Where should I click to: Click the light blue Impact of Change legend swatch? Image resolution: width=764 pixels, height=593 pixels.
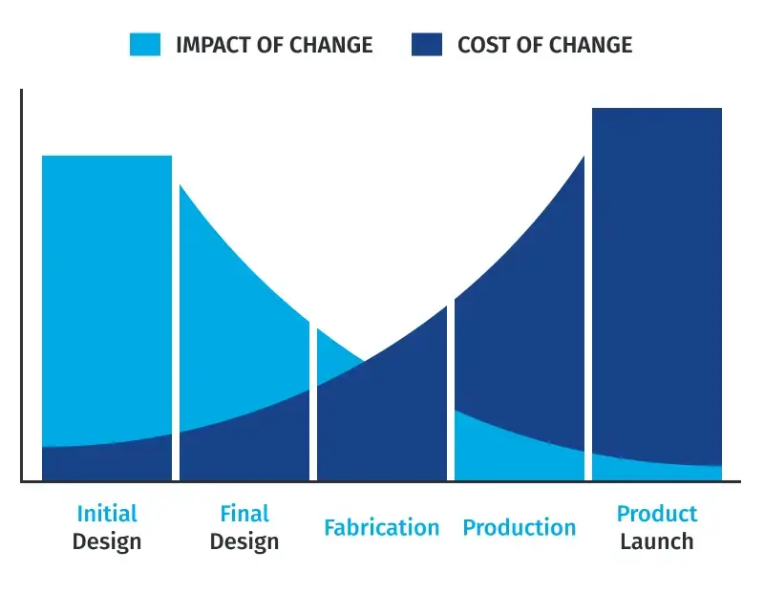coord(145,44)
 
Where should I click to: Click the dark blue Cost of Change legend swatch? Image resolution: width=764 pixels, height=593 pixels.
coord(427,44)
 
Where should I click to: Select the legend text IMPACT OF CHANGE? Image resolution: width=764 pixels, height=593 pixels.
coord(274,45)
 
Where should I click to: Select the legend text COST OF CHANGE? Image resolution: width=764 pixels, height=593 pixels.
coord(544,45)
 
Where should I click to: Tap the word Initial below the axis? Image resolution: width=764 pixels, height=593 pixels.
coord(107,514)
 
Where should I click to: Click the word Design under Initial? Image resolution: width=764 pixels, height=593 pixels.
coord(107,542)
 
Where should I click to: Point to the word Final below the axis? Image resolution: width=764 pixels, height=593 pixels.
coord(244,514)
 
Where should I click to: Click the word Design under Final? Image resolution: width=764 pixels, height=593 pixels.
coord(244,542)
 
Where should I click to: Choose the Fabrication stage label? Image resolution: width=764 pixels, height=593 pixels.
coord(381,528)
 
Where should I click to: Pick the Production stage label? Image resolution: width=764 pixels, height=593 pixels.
coord(520,528)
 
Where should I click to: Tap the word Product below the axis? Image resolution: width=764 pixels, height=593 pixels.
coord(657,514)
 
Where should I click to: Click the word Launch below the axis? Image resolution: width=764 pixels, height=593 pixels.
coord(657,542)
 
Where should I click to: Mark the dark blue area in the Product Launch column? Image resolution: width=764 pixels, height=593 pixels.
coord(657,286)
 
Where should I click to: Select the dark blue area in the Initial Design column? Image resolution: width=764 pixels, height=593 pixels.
coord(107,463)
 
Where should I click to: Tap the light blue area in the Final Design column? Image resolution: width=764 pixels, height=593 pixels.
coord(229,334)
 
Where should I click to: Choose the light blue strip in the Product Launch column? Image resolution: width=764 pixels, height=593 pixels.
coord(657,471)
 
